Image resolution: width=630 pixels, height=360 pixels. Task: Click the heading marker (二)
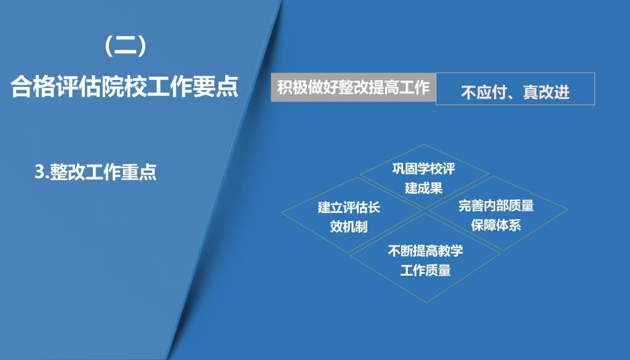125,46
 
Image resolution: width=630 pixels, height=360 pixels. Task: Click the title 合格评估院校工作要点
124,86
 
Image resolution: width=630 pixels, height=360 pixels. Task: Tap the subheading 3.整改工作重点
95,172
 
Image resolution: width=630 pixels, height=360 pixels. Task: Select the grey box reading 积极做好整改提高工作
353,87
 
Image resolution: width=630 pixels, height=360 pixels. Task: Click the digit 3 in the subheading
39,172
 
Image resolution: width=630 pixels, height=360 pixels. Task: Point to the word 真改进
546,92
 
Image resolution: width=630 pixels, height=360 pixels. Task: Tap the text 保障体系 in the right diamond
496,225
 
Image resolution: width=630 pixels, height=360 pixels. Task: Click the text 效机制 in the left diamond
349,226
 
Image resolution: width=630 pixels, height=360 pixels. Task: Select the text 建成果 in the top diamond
424,188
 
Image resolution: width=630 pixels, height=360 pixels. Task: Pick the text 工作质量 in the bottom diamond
426,270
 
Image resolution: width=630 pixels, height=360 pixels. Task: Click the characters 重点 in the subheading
139,172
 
